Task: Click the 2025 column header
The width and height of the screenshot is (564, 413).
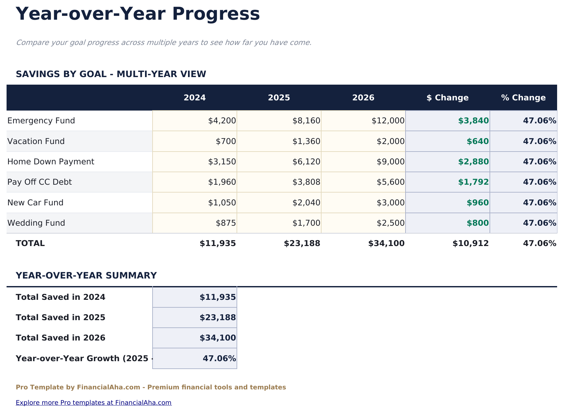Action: [x=279, y=98]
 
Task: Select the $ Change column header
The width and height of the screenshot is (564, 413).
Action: [x=448, y=98]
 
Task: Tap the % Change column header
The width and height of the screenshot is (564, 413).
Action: [x=523, y=98]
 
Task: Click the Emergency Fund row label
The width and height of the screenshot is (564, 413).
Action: [x=41, y=121]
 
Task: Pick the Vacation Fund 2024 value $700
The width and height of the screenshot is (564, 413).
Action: [x=226, y=141]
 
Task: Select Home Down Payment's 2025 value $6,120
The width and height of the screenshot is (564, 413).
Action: [x=306, y=162]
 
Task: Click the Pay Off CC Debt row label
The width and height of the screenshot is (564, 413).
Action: [x=40, y=182]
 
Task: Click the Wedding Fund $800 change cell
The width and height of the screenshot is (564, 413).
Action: [x=478, y=223]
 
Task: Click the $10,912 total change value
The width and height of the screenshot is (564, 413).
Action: [x=470, y=243]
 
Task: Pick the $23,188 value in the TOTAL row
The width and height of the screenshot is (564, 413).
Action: [x=302, y=243]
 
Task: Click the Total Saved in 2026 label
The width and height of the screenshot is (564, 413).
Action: [x=61, y=338]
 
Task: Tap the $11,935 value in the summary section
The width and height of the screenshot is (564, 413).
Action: [x=218, y=297]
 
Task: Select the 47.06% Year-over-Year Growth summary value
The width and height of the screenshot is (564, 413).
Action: [x=219, y=358]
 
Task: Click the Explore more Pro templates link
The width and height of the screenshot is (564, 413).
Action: [x=94, y=403]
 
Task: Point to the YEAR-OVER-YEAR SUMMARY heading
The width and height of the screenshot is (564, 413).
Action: [x=86, y=276]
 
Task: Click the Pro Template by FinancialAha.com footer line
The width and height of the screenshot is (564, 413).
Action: [x=151, y=387]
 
